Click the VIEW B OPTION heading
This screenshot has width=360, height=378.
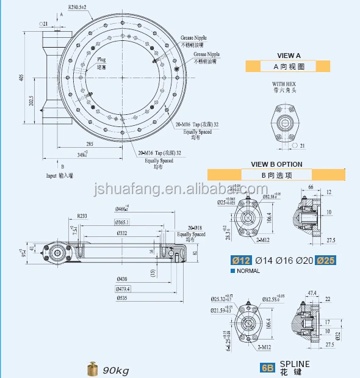click(276, 164)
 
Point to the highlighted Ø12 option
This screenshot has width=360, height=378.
click(242, 261)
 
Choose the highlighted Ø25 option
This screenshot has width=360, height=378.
click(326, 261)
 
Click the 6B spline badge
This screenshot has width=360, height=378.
click(267, 368)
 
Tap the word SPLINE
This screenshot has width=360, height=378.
click(295, 364)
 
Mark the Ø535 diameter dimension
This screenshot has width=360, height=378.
click(123, 299)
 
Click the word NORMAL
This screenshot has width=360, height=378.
click(248, 271)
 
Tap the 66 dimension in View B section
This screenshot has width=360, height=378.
click(310, 186)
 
